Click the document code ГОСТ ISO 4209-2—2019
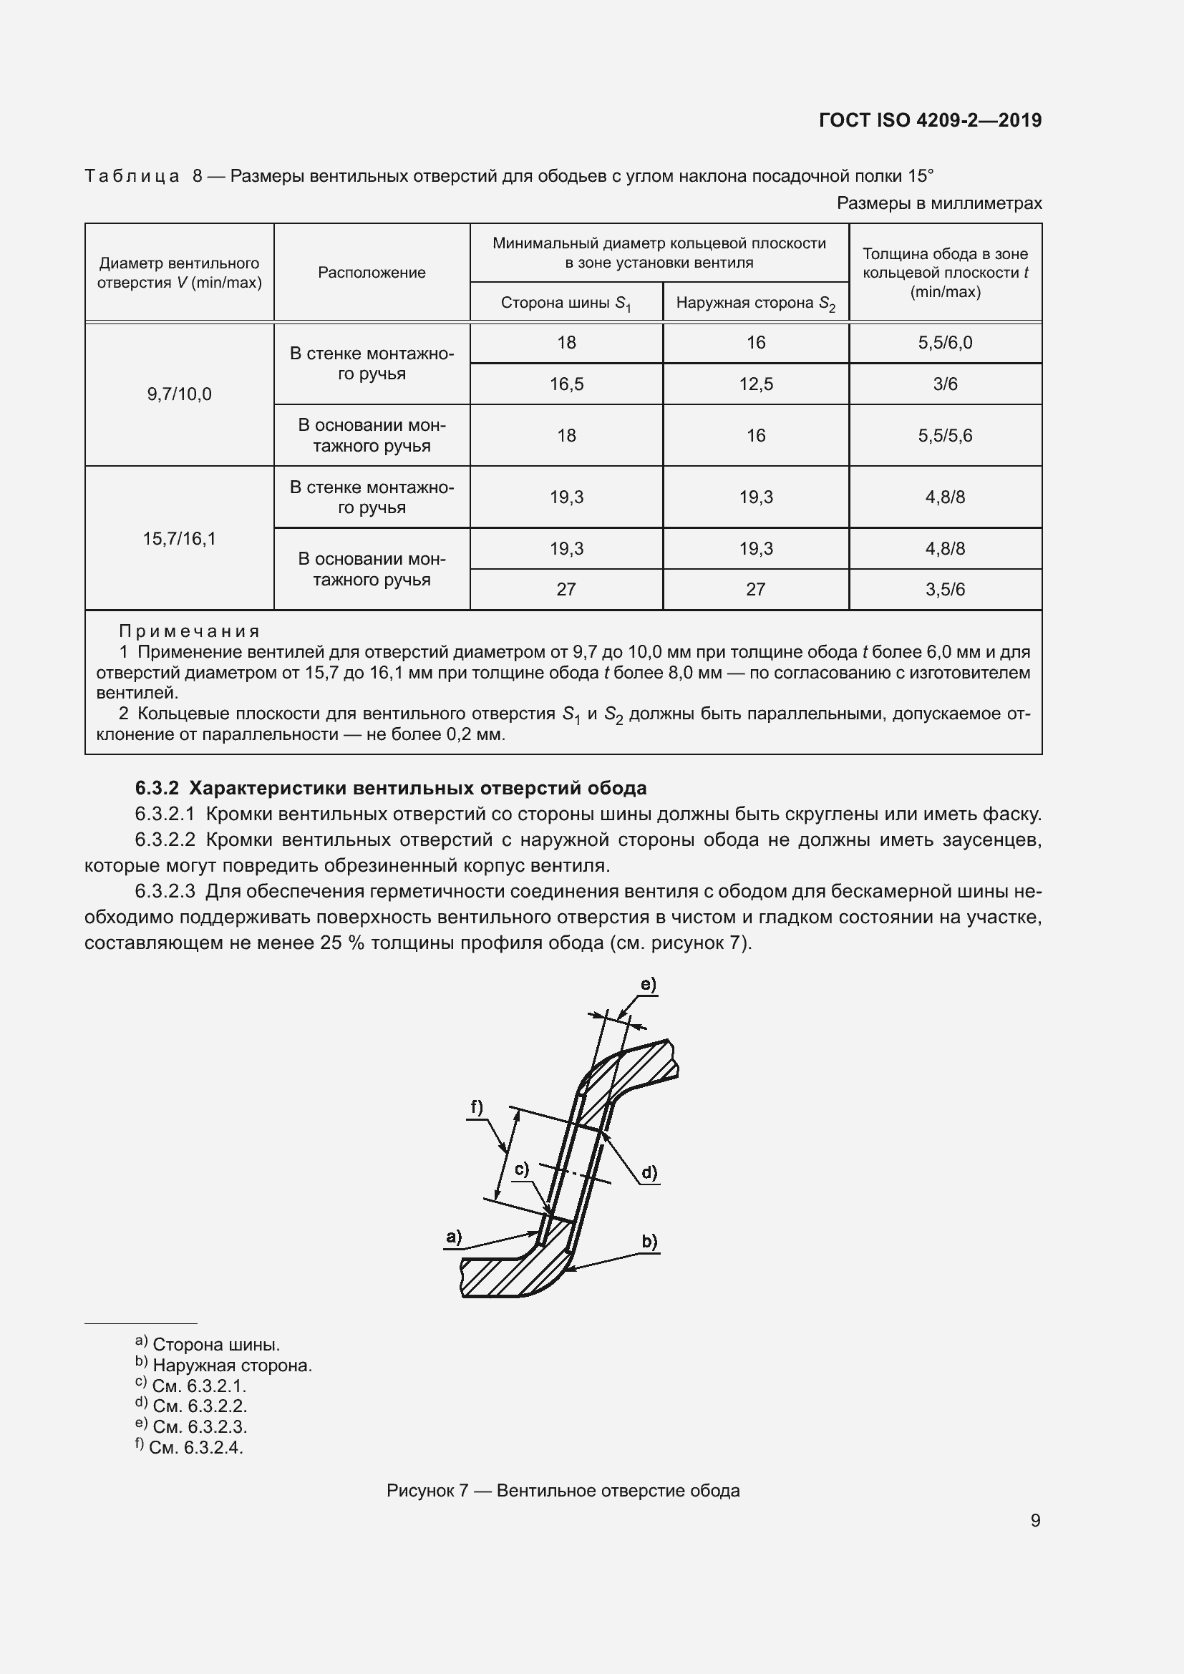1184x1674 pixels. [931, 120]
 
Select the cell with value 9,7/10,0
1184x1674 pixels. [180, 394]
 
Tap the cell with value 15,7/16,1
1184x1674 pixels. [180, 539]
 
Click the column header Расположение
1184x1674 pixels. [371, 273]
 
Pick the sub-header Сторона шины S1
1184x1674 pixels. [566, 303]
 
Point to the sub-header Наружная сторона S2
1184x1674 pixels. [755, 303]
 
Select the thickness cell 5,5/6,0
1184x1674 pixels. [945, 343]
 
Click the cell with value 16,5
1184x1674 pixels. [566, 384]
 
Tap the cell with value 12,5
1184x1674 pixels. [755, 384]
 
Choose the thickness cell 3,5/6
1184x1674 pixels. [945, 589]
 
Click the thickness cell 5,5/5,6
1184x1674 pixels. [945, 435]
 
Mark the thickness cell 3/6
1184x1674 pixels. [945, 384]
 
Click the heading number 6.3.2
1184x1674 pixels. [157, 788]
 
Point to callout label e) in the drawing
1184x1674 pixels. [648, 984]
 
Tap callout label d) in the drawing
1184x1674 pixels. [649, 1172]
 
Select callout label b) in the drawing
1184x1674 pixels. [649, 1241]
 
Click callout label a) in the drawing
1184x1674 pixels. [453, 1237]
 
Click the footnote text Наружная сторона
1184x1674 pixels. [232, 1366]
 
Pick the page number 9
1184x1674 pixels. [1035, 1520]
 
